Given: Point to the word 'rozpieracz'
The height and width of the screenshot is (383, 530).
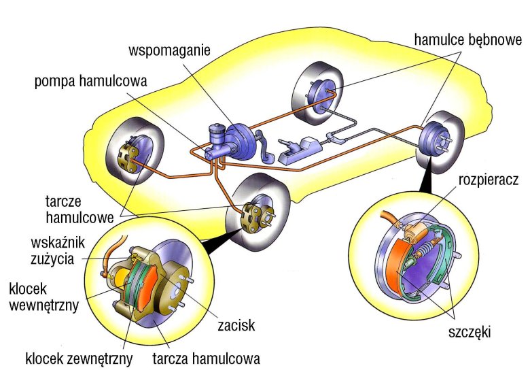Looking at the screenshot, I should pyautogui.click(x=488, y=180).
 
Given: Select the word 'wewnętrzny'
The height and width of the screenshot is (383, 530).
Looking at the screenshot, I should pyautogui.click(x=44, y=305).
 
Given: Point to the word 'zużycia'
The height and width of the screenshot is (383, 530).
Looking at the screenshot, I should pyautogui.click(x=54, y=259).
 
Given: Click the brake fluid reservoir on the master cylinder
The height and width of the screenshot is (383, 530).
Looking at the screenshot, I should pyautogui.click(x=219, y=131).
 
